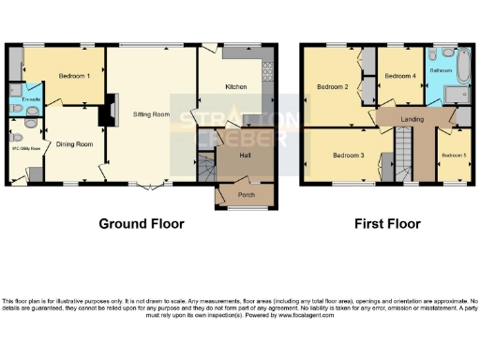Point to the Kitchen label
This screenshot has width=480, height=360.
tap(235, 86)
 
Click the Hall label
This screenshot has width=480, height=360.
tap(245, 155)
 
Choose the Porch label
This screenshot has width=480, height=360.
tap(246, 195)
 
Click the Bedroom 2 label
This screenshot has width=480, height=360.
tap(333, 87)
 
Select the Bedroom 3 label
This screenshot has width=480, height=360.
tap(348, 155)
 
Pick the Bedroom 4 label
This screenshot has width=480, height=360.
tap(400, 76)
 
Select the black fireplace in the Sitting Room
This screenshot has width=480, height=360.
tap(106, 112)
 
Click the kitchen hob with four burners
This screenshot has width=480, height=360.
tap(267, 70)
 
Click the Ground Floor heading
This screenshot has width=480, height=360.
tap(142, 224)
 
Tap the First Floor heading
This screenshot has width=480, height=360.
tap(387, 224)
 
